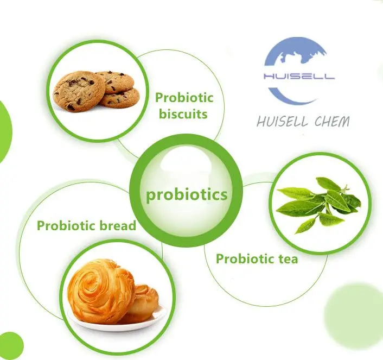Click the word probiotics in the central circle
(187, 195)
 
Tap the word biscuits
(183, 114)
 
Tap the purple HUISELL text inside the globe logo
(299, 77)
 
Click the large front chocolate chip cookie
(79, 91)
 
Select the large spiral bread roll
(101, 291)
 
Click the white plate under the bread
(117, 318)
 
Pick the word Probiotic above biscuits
(184, 98)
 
